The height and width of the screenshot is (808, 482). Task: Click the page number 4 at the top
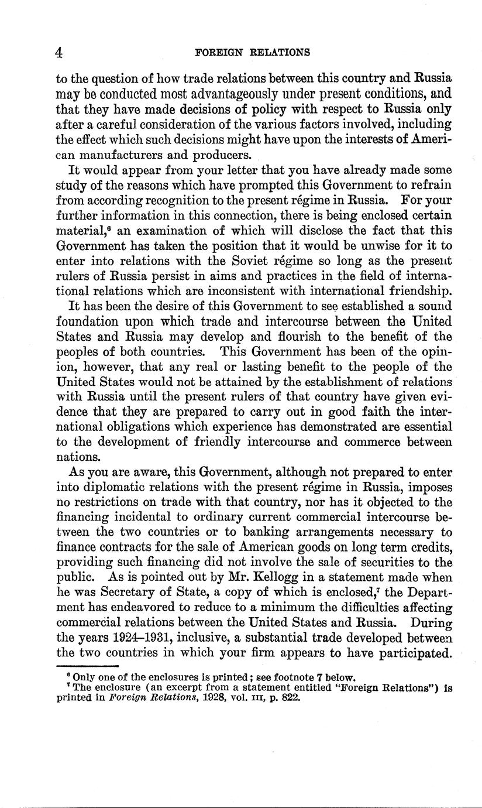[58, 52]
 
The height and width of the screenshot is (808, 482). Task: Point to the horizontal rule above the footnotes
[87, 667]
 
